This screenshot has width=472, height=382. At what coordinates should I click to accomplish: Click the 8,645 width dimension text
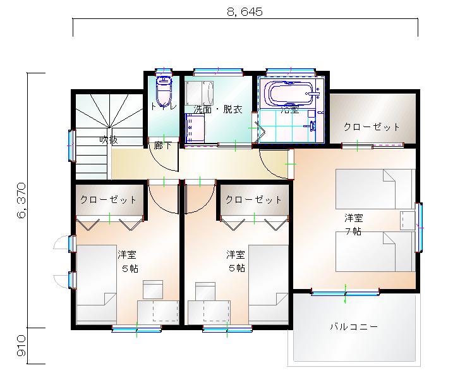tap(244, 11)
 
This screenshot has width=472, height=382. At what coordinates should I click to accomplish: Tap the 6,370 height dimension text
tap(23, 201)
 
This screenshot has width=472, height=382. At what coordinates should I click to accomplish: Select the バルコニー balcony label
tap(354, 327)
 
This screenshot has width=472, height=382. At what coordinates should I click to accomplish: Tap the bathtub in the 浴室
tap(291, 94)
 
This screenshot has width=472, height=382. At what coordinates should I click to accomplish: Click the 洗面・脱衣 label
tap(218, 109)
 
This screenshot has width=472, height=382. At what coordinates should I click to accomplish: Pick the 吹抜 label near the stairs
tap(109, 140)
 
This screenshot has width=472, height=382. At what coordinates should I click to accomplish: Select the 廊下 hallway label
tap(163, 145)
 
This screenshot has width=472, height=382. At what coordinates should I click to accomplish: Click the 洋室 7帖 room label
tap(354, 224)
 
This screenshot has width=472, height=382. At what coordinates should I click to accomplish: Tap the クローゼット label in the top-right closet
tap(372, 126)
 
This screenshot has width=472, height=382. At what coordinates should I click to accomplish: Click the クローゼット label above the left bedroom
tap(108, 200)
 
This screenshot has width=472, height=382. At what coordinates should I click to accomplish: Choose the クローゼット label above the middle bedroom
tap(253, 200)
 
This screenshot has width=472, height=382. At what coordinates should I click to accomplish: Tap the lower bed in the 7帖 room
tap(373, 252)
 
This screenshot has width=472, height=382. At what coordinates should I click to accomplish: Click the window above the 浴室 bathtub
tap(288, 71)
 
